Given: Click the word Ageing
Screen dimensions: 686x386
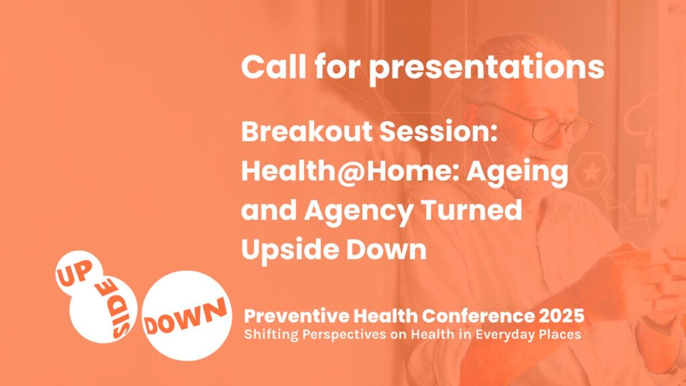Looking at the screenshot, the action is click(x=517, y=172).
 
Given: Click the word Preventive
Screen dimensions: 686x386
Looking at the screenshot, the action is click(x=297, y=316).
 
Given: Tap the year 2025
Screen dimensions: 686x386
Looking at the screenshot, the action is click(x=562, y=316).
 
